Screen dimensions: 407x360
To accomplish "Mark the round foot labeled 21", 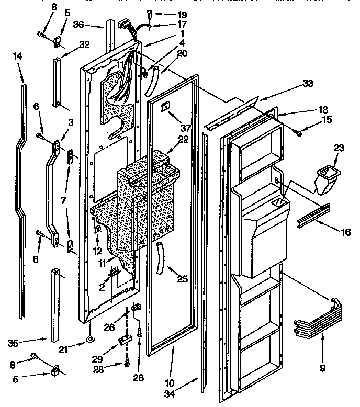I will click(x=90, y=339).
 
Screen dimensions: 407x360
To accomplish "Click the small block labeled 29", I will click(x=125, y=341).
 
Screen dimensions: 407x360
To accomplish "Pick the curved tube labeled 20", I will click(x=154, y=82).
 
